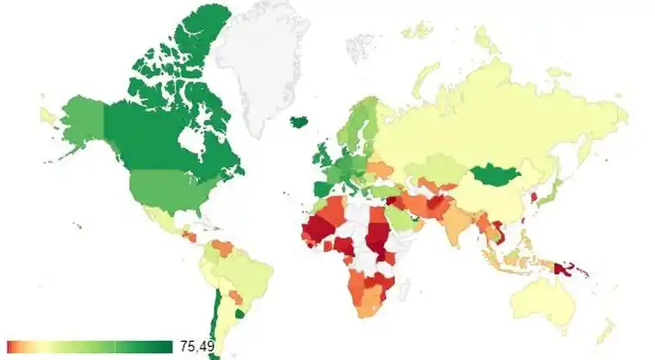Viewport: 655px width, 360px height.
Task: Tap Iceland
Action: (300, 123)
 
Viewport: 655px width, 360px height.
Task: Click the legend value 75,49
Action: (197, 347)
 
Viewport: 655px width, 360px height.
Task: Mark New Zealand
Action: (608, 332)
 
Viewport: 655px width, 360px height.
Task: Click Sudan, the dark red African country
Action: (377, 233)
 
